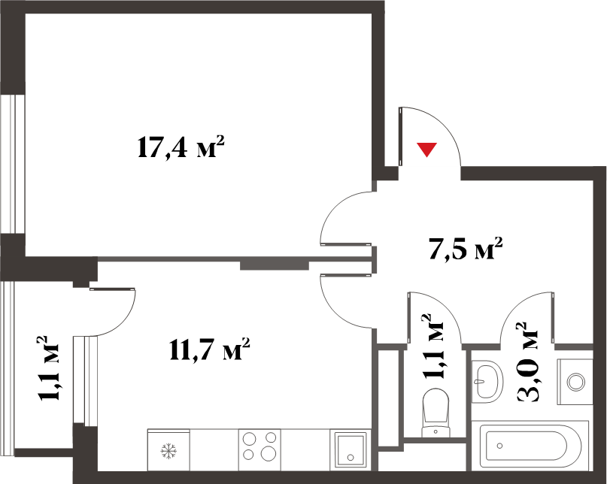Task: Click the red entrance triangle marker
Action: click(x=426, y=149)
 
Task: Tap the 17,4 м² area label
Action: click(x=181, y=147)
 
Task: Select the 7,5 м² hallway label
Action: click(x=466, y=249)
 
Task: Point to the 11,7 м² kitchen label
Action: click(x=209, y=349)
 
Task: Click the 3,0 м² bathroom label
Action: click(x=527, y=362)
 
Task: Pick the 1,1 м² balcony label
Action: click(x=47, y=368)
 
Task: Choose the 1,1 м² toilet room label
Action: click(x=432, y=346)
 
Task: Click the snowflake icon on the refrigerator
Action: click(x=168, y=451)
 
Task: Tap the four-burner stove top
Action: click(x=259, y=449)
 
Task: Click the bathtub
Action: click(x=530, y=447)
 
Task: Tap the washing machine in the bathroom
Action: click(x=575, y=382)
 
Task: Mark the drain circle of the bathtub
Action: click(x=499, y=446)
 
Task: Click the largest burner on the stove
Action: click(x=268, y=452)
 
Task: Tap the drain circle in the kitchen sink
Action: click(x=351, y=457)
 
